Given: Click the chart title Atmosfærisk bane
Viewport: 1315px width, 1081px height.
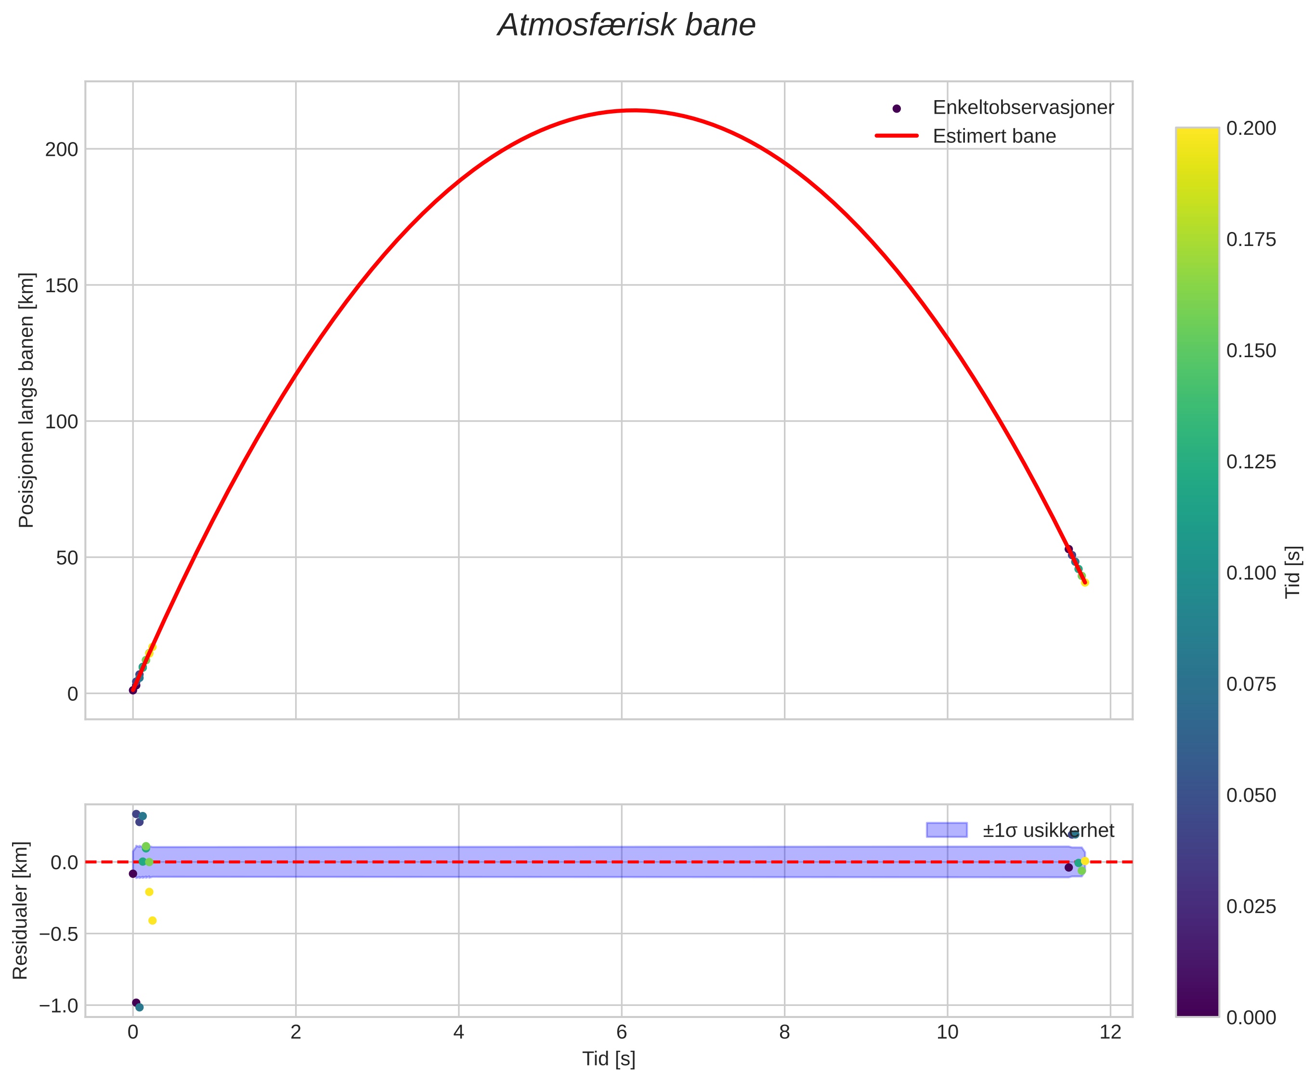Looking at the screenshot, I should pos(626,26).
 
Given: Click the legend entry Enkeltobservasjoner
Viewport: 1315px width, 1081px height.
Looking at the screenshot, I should pos(1022,108).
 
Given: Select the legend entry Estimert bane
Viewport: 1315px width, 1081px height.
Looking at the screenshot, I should pos(993,136).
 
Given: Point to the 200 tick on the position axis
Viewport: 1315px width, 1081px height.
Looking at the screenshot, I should pos(62,150).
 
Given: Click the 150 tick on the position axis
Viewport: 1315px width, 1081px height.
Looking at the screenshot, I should pos(62,286).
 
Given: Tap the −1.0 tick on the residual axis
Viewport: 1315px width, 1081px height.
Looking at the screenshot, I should pos(59,1005).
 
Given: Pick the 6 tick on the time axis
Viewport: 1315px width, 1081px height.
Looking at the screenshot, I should pos(622,1032).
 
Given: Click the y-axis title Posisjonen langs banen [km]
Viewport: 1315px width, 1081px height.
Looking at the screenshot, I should pos(26,400).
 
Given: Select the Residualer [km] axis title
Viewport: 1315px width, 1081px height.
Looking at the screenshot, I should pos(21,911).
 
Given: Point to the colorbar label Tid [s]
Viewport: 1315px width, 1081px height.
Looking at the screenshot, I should pos(1293,572).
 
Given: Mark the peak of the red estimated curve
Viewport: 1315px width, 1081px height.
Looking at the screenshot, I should pos(634,111).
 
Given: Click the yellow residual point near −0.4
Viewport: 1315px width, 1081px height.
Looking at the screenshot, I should pos(153,921).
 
